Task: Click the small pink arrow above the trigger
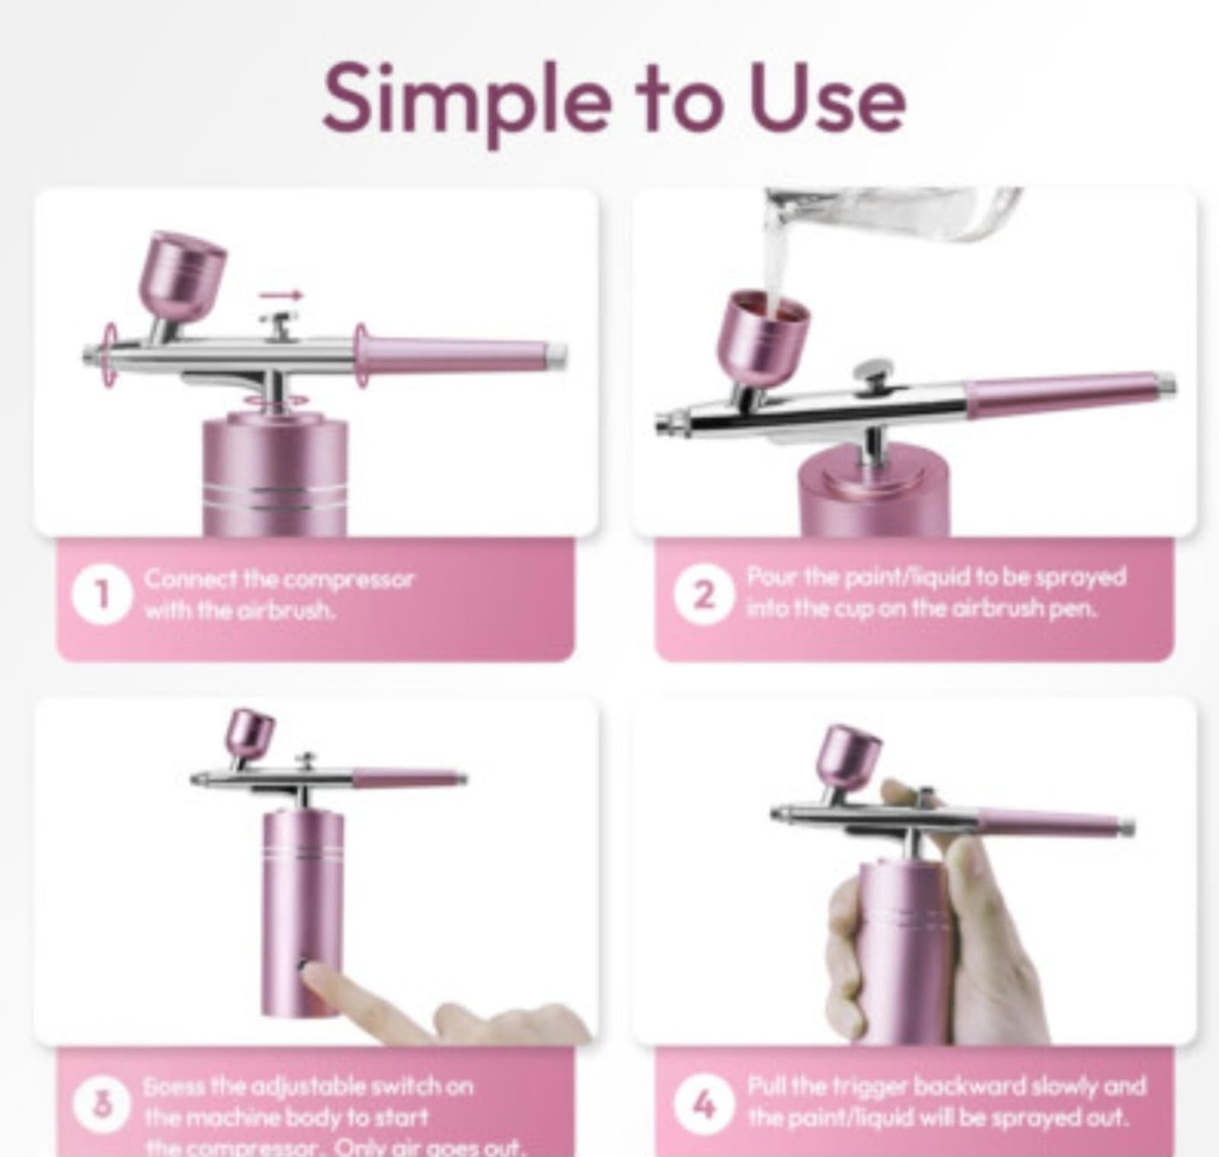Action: (x=280, y=296)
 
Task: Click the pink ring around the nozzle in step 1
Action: (x=111, y=356)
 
